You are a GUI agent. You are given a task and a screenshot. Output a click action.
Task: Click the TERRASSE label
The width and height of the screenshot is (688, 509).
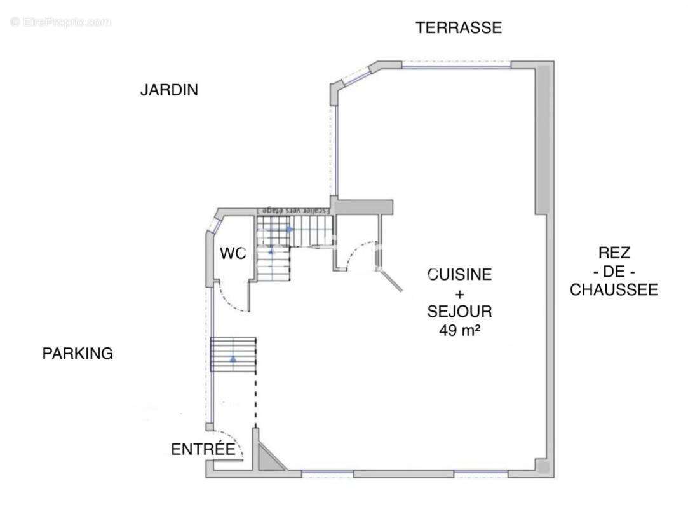[459, 27]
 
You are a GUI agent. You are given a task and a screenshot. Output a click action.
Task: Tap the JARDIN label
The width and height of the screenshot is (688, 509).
[169, 90]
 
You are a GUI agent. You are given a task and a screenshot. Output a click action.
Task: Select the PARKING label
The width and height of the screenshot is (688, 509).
[78, 354]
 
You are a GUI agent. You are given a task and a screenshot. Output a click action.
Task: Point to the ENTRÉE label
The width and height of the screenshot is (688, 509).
[203, 449]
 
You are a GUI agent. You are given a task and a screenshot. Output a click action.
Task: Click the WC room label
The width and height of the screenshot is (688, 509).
[233, 253]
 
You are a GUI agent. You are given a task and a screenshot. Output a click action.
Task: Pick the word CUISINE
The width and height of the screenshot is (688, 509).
[460, 275]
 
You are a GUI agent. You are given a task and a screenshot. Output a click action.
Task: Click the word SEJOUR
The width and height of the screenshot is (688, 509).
[460, 312]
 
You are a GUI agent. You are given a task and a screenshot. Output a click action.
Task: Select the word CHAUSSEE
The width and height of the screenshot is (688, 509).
[613, 290]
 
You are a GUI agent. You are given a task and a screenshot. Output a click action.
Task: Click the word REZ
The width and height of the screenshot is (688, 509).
[614, 252]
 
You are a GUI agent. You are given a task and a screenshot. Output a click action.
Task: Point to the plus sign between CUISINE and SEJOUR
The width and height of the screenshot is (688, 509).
[460, 293]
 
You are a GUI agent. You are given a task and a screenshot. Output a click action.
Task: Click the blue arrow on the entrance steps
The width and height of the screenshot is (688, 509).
[233, 359]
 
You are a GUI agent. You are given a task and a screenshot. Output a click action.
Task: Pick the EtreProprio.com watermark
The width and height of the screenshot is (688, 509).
[61, 22]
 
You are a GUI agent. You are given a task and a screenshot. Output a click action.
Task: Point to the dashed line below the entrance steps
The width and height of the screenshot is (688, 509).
[256, 400]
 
